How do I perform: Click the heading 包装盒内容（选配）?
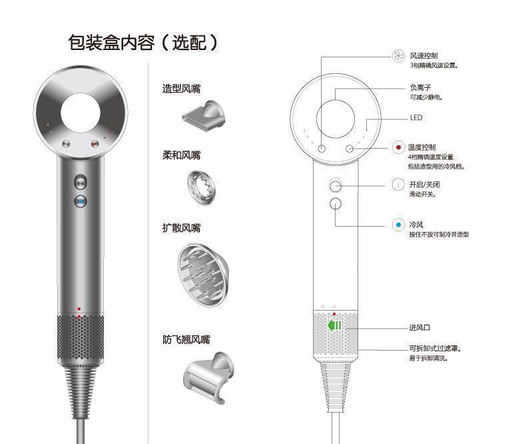(143, 43)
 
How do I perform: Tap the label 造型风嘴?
(181, 89)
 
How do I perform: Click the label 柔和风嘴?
(181, 155)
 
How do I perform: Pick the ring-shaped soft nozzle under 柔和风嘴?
(201, 187)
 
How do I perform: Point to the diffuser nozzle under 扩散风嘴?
(202, 275)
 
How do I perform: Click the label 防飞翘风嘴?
(186, 339)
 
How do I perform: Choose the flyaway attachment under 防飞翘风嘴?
(208, 377)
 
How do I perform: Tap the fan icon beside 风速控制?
(398, 56)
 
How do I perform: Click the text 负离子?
(420, 87)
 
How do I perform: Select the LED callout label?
(416, 117)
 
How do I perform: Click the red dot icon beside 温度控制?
(398, 147)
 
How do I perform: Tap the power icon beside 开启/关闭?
(398, 185)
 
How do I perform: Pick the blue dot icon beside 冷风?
(398, 225)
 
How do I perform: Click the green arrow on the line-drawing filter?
(334, 325)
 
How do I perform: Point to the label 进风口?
(419, 327)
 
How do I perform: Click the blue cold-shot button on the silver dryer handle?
(81, 201)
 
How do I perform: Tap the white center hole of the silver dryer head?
(81, 113)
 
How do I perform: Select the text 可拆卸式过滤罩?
(433, 348)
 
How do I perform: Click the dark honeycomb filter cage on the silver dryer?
(80, 337)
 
